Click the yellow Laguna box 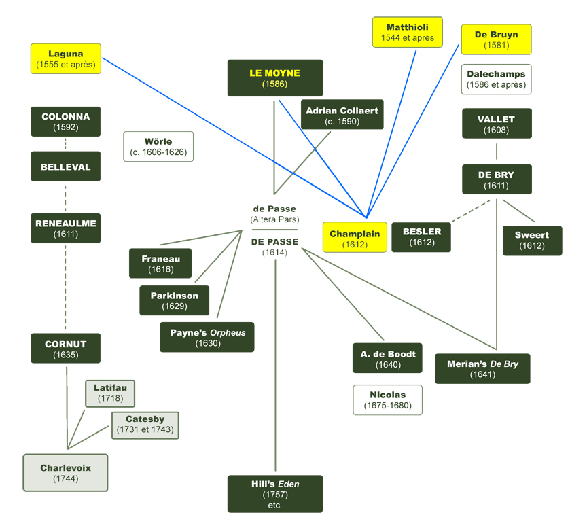point(66,58)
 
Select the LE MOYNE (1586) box point(274,78)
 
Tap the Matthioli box point(408,32)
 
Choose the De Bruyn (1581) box point(496,39)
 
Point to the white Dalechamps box point(496,79)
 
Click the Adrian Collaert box point(342,115)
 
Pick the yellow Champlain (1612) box point(355,238)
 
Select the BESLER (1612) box point(421,236)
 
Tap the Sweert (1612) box point(532,240)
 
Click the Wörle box point(158,146)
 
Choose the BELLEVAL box point(65,166)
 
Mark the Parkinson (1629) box point(174,300)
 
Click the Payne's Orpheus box point(207,337)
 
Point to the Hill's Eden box point(274,494)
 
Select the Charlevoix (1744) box point(65,472)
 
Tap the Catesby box point(144,425)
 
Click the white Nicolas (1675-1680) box point(387,400)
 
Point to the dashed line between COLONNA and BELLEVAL point(65,143)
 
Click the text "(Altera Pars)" point(274,220)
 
